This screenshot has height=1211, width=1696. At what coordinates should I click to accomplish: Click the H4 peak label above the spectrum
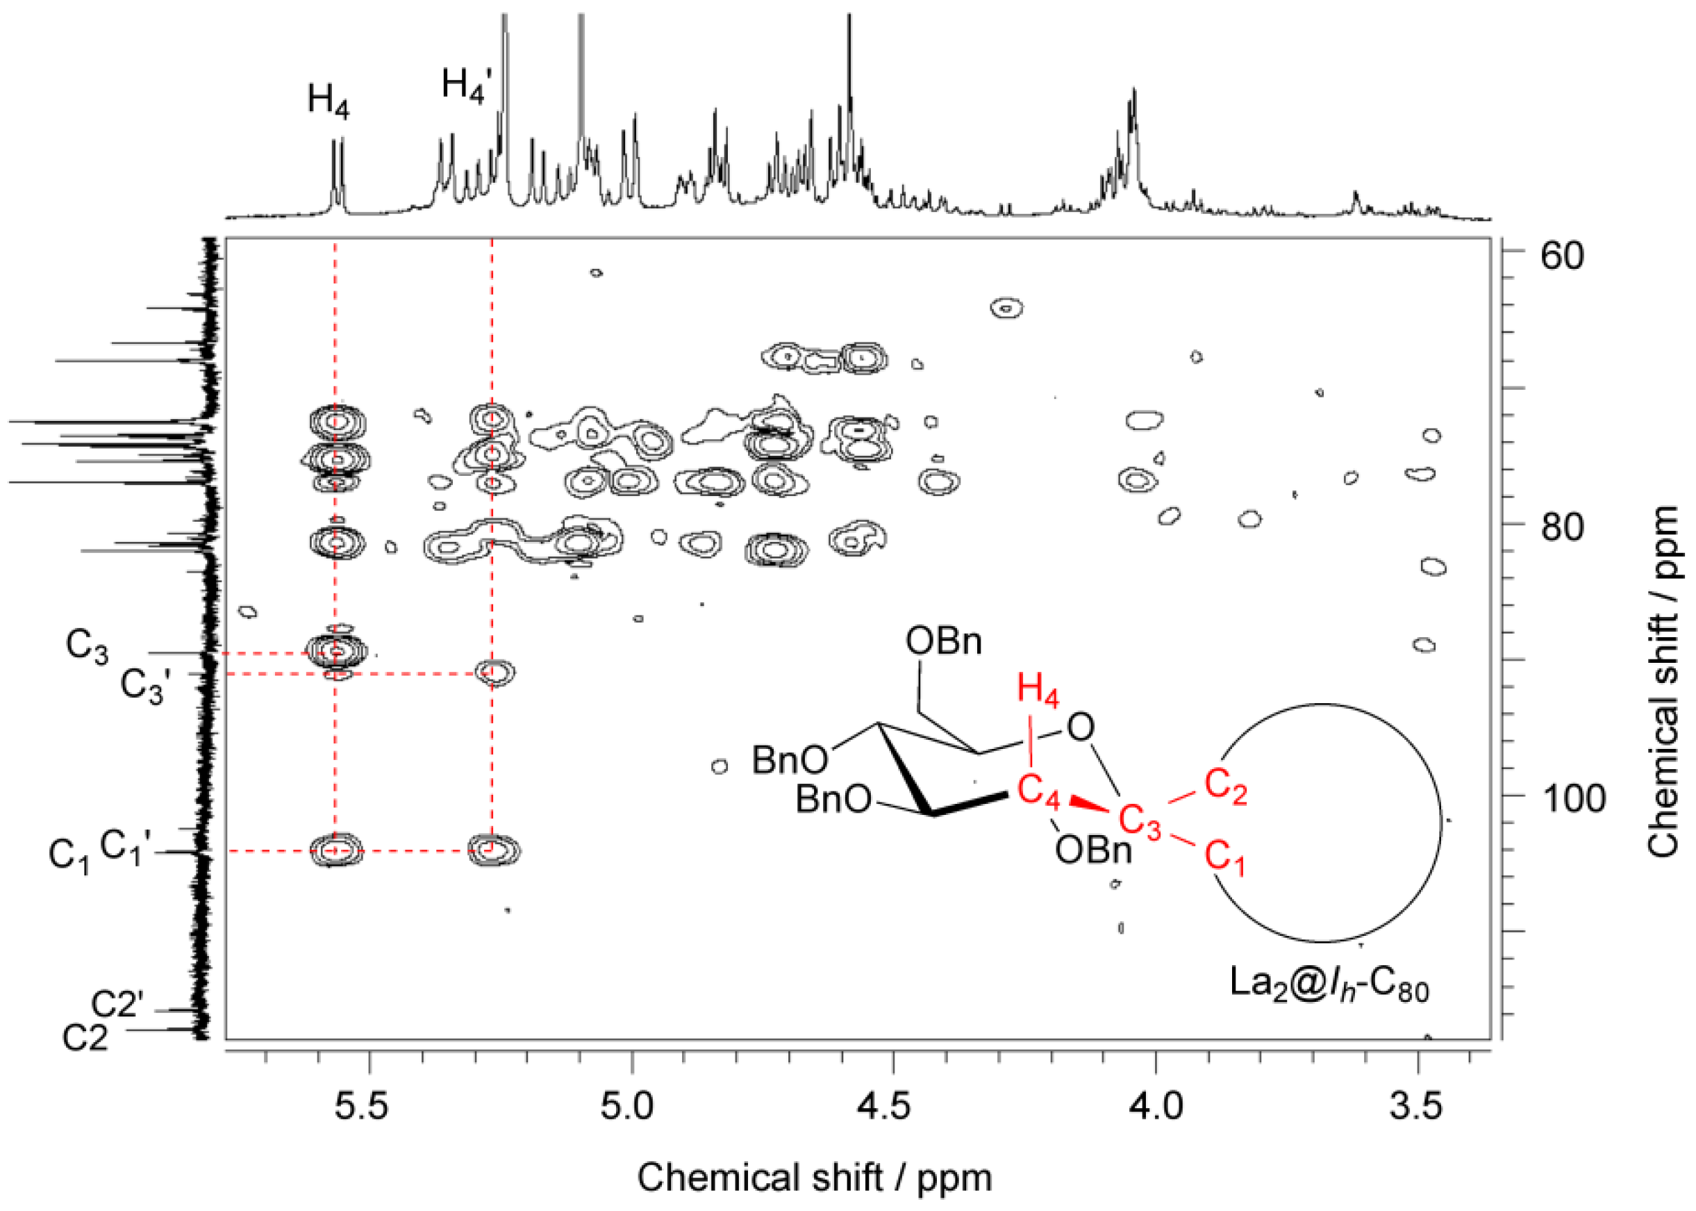tap(328, 101)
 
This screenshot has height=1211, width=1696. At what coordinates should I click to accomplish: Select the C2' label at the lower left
tap(116, 1005)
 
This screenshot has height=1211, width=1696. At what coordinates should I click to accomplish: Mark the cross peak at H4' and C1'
tap(494, 849)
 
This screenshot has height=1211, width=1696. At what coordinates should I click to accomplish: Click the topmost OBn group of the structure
tap(943, 641)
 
